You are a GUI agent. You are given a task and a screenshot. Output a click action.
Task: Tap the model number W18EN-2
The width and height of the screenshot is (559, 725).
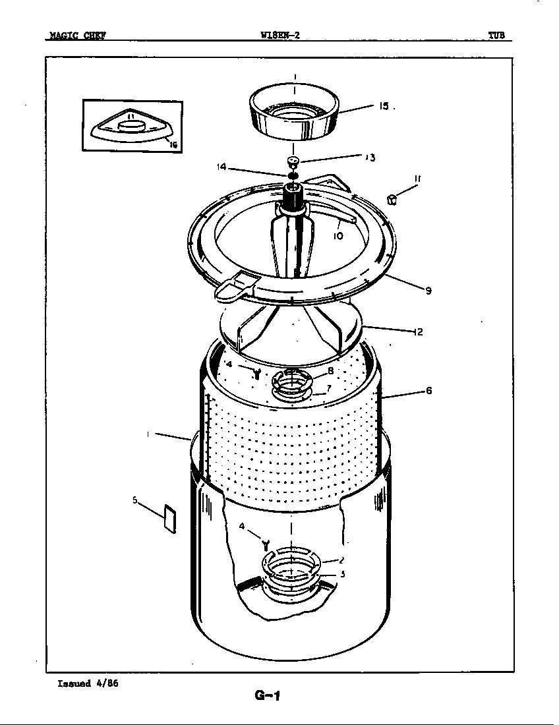280,36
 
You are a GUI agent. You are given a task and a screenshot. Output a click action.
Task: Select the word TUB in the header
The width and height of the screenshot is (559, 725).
496,36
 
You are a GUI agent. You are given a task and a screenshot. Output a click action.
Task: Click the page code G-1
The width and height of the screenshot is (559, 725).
267,695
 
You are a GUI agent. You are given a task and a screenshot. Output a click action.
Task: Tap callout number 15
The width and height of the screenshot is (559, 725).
384,105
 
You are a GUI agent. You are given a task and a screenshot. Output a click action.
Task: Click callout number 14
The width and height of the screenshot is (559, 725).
221,167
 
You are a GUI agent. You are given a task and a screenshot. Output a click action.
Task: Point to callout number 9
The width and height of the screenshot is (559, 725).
428,291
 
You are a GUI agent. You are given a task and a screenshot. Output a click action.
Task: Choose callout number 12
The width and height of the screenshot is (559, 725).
418,332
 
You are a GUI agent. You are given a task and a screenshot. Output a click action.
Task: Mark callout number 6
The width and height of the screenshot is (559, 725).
428,391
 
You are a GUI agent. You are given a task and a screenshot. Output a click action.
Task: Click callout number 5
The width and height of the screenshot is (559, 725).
135,500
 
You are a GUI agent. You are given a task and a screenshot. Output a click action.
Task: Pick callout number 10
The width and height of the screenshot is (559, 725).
338,235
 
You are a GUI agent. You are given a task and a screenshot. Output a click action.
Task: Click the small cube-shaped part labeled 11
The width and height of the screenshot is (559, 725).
392,199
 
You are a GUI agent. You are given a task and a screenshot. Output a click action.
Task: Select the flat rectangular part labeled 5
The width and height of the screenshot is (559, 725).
169,520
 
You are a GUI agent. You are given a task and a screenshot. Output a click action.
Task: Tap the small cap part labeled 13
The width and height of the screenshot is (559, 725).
293,161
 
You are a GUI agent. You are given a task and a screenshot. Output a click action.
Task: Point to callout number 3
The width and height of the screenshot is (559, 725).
343,574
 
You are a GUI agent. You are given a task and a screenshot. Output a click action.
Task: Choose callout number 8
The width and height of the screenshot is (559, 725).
330,371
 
